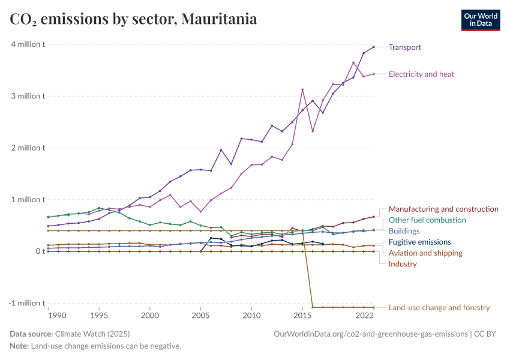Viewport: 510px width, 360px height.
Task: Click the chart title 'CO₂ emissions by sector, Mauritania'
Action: point(133,19)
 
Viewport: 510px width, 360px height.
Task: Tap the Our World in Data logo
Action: point(480,20)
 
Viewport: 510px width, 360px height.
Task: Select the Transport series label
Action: point(405,47)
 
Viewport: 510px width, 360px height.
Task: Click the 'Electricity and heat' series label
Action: point(421,74)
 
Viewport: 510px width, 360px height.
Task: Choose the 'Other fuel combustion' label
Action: point(428,220)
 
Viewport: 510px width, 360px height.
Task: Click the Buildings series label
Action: point(404,231)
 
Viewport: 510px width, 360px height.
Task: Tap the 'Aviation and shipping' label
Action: point(425,253)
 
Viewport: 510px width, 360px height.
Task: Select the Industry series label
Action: point(403,264)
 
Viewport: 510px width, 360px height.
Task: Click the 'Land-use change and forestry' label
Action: point(439,308)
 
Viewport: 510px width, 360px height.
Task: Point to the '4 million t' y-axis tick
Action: point(27,44)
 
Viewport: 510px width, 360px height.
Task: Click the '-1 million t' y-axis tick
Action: point(26,303)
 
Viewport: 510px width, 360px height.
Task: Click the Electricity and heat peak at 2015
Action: point(302,89)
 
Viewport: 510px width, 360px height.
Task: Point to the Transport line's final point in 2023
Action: point(374,47)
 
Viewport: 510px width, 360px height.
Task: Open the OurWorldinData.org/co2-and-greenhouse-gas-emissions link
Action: point(370,334)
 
